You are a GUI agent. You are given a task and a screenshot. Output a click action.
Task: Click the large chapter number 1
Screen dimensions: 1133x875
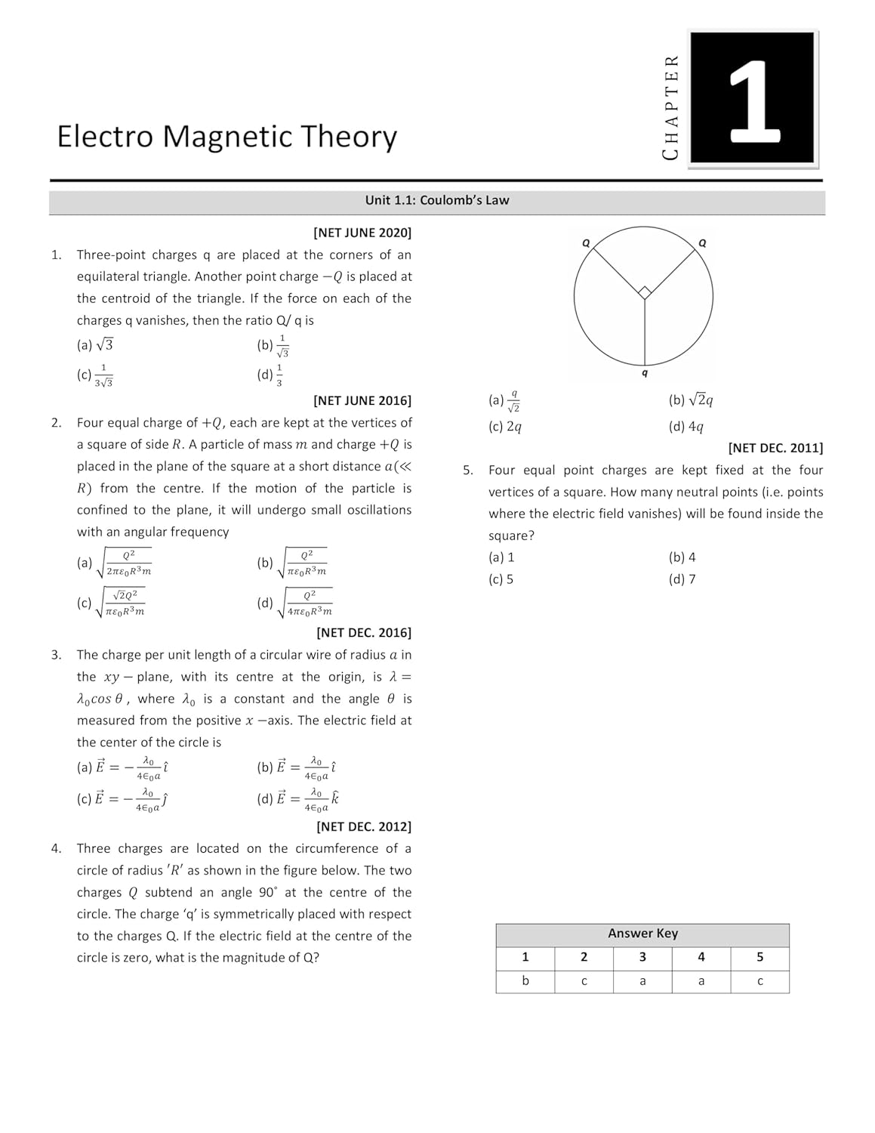coord(753,99)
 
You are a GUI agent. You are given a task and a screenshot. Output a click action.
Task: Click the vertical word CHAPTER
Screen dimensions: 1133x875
coord(670,107)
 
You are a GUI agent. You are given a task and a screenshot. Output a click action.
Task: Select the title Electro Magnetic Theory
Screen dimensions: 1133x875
coord(226,137)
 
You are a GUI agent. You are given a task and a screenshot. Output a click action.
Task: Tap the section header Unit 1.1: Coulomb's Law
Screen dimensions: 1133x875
coord(437,200)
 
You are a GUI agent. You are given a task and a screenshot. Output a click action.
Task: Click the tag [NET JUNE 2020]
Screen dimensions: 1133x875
coord(362,233)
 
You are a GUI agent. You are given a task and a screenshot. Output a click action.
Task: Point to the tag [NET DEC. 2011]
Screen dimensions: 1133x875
coord(775,448)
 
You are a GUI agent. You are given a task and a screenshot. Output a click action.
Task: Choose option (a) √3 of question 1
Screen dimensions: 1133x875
coord(95,345)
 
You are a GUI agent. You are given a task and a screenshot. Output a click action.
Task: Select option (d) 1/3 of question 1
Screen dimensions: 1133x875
coord(270,375)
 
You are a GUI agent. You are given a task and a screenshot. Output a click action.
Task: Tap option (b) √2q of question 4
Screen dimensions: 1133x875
coord(691,400)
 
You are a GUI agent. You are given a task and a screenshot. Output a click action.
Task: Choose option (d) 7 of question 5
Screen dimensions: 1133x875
coord(682,579)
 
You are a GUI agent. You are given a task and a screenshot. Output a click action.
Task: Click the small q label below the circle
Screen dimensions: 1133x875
coord(644,373)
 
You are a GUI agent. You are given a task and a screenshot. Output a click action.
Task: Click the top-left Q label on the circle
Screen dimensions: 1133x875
coord(586,242)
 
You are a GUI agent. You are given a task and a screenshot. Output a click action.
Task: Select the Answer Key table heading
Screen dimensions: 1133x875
coord(642,934)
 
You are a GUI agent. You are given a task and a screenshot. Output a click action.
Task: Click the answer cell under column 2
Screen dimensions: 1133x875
coord(584,981)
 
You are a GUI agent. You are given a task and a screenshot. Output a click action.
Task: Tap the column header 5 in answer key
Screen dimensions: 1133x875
coord(759,957)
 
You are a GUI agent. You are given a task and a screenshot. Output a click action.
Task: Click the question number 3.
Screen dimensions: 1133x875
coord(57,655)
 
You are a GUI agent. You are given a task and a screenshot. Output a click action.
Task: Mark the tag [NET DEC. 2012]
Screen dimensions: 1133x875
coord(364,826)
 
